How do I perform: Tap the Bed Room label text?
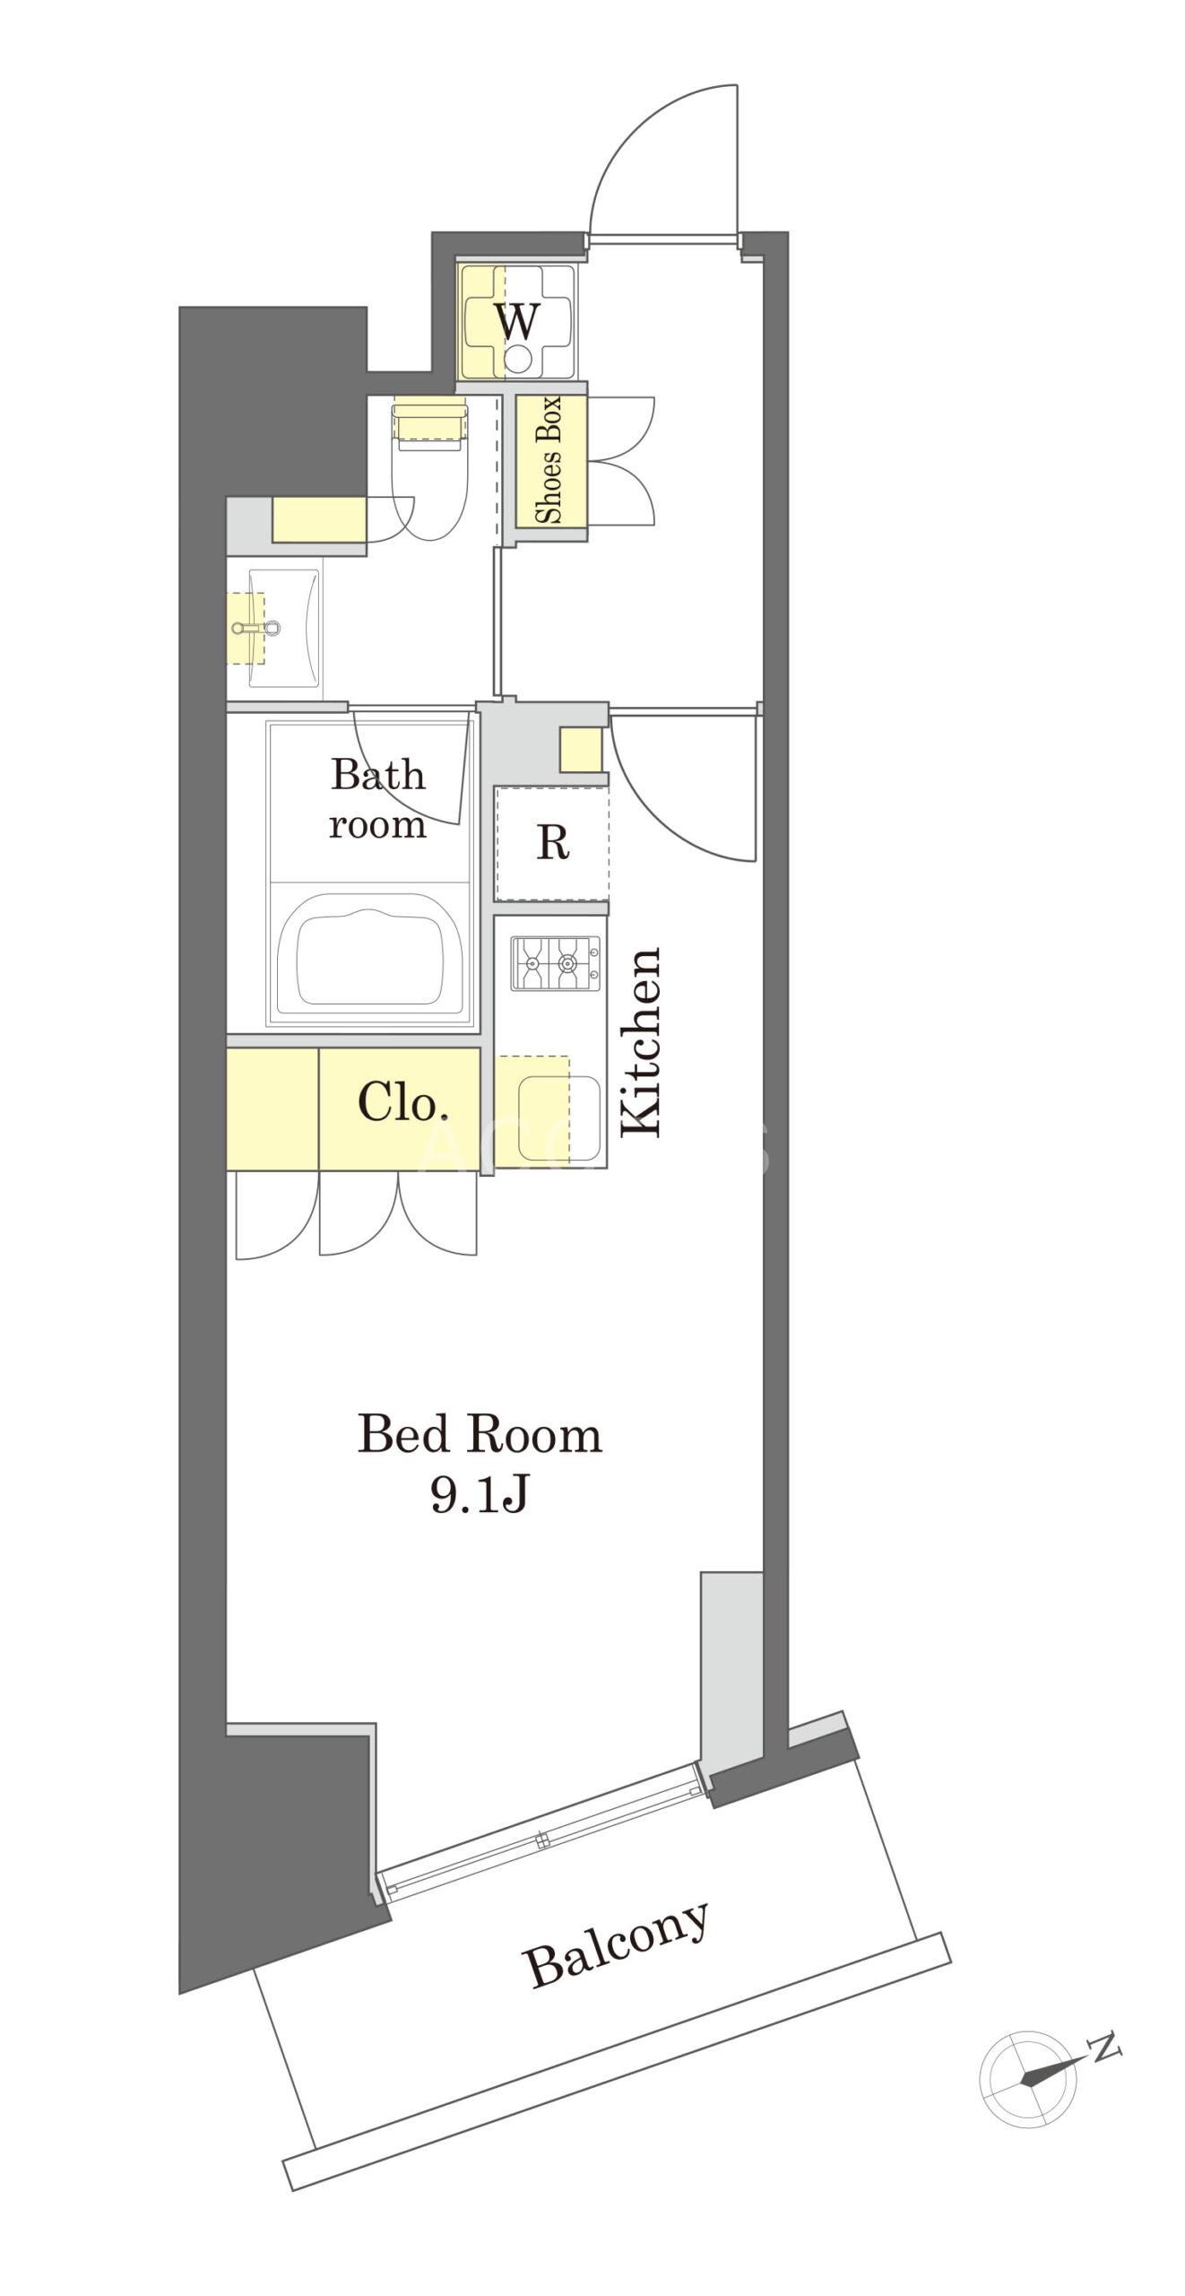click(480, 1434)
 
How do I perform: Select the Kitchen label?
click(642, 1041)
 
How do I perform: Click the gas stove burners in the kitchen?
click(556, 963)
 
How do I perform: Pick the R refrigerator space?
click(553, 843)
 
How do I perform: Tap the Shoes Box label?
click(549, 460)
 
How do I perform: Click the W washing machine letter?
click(518, 321)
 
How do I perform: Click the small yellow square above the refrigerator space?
click(581, 750)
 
